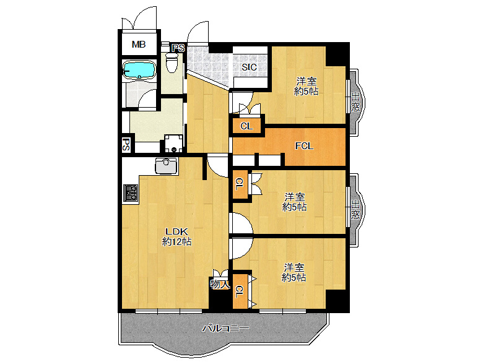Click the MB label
tap(139, 45)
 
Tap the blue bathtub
tap(139, 69)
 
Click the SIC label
tap(249, 67)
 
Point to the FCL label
tap(304, 146)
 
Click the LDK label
tap(177, 231)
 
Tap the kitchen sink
tap(167, 166)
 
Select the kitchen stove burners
tap(131, 193)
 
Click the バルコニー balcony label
tap(225, 328)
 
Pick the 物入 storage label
tap(220, 284)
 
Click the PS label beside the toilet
tap(178, 48)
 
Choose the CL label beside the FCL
tap(246, 126)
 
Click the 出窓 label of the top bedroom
tap(355, 102)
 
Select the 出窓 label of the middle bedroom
tap(355, 209)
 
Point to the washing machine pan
tap(173, 144)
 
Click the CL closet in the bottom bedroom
tap(240, 291)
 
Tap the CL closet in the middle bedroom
tap(240, 184)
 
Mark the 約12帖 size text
tap(177, 242)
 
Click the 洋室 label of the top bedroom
tap(306, 82)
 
